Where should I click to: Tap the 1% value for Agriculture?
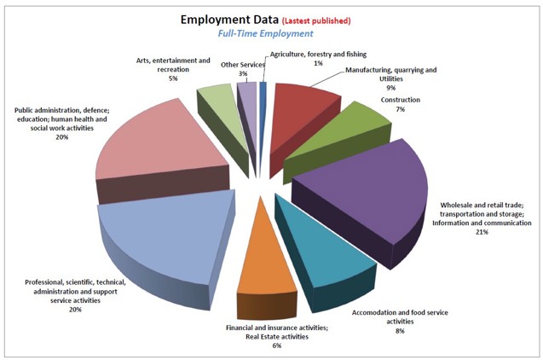pyautogui.click(x=295, y=63)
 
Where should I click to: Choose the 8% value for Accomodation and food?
pyautogui.click(x=399, y=331)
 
